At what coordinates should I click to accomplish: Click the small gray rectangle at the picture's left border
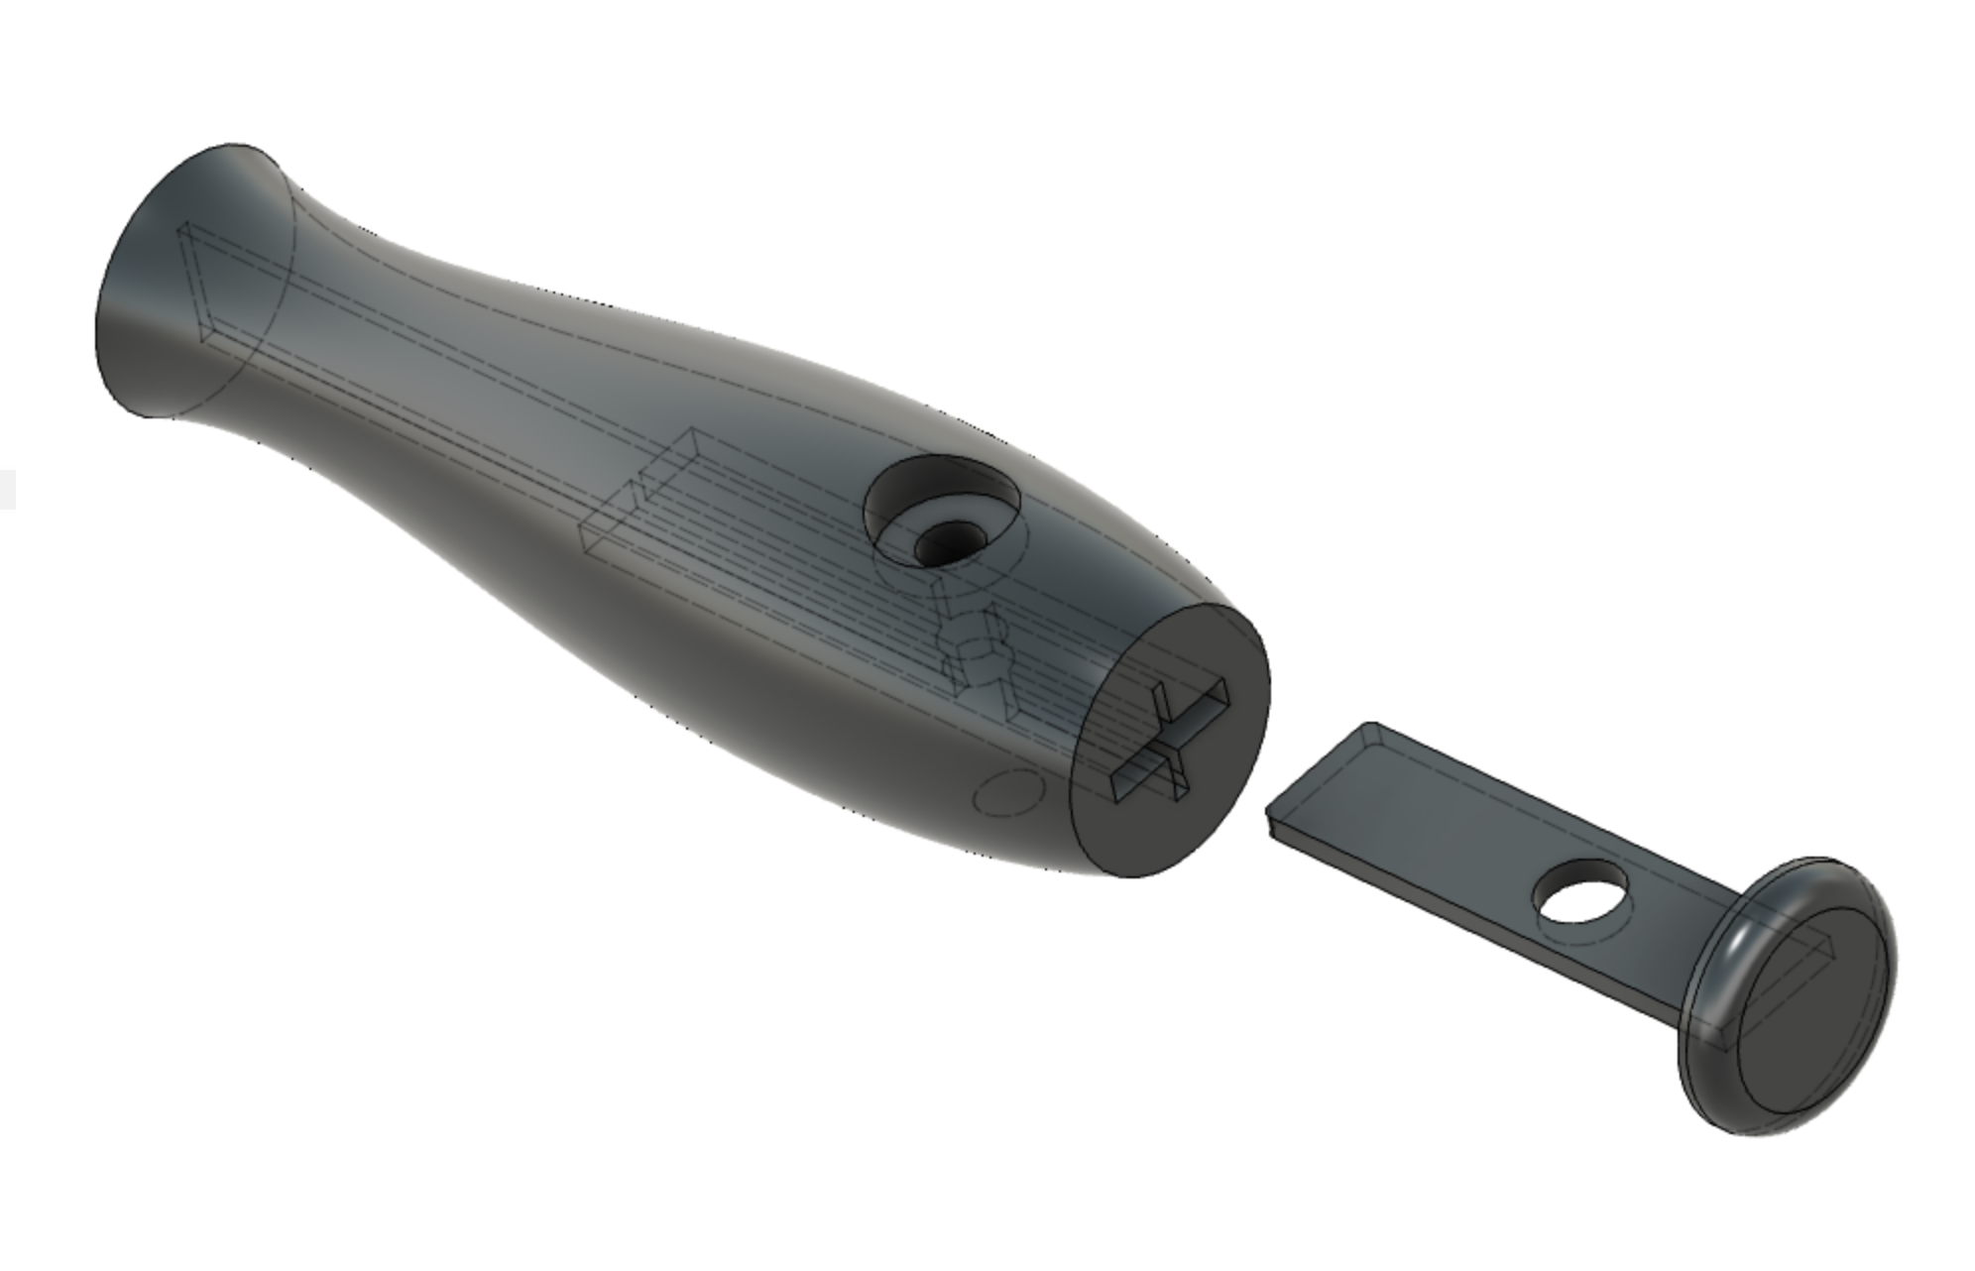7,490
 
